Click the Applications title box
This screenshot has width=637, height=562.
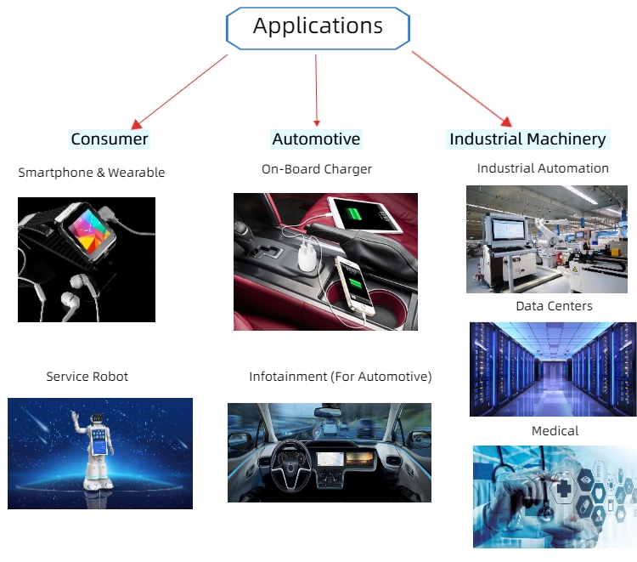click(x=318, y=27)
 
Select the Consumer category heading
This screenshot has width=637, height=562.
click(x=110, y=139)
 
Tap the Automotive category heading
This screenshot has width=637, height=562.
click(x=316, y=139)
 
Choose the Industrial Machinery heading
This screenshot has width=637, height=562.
click(x=527, y=139)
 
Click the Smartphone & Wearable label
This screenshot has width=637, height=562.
click(x=92, y=173)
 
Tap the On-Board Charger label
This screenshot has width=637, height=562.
click(x=317, y=169)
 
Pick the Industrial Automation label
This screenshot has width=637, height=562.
click(x=543, y=168)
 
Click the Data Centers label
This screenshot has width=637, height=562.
click(x=554, y=306)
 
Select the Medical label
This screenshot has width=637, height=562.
click(x=555, y=431)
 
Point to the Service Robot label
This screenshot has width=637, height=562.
click(x=87, y=376)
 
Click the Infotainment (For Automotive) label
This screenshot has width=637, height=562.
click(x=341, y=376)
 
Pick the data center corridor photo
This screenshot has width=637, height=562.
click(x=553, y=368)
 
